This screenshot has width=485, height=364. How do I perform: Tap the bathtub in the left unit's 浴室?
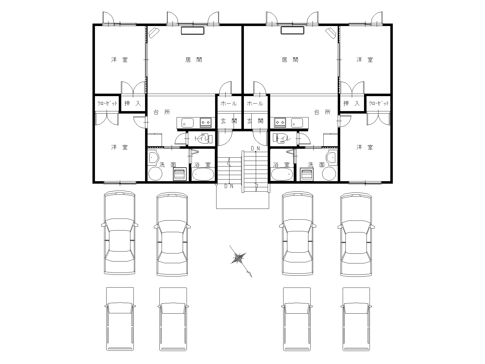click(x=203, y=174)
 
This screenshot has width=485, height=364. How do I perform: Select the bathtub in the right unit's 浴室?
click(x=282, y=174)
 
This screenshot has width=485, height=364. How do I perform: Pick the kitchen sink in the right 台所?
click(x=297, y=122)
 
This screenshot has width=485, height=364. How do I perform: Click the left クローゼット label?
click(x=107, y=103)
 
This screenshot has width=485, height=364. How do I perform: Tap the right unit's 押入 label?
click(x=352, y=103)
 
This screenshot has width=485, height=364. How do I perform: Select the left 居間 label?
click(x=194, y=60)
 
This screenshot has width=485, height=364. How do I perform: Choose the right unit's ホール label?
click(x=255, y=104)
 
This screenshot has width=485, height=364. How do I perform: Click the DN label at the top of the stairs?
click(x=255, y=148)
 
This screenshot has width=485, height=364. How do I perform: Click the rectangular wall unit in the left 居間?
click(x=193, y=30)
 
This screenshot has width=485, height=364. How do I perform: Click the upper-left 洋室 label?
click(x=120, y=60)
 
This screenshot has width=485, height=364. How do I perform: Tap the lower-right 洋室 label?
click(x=365, y=147)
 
